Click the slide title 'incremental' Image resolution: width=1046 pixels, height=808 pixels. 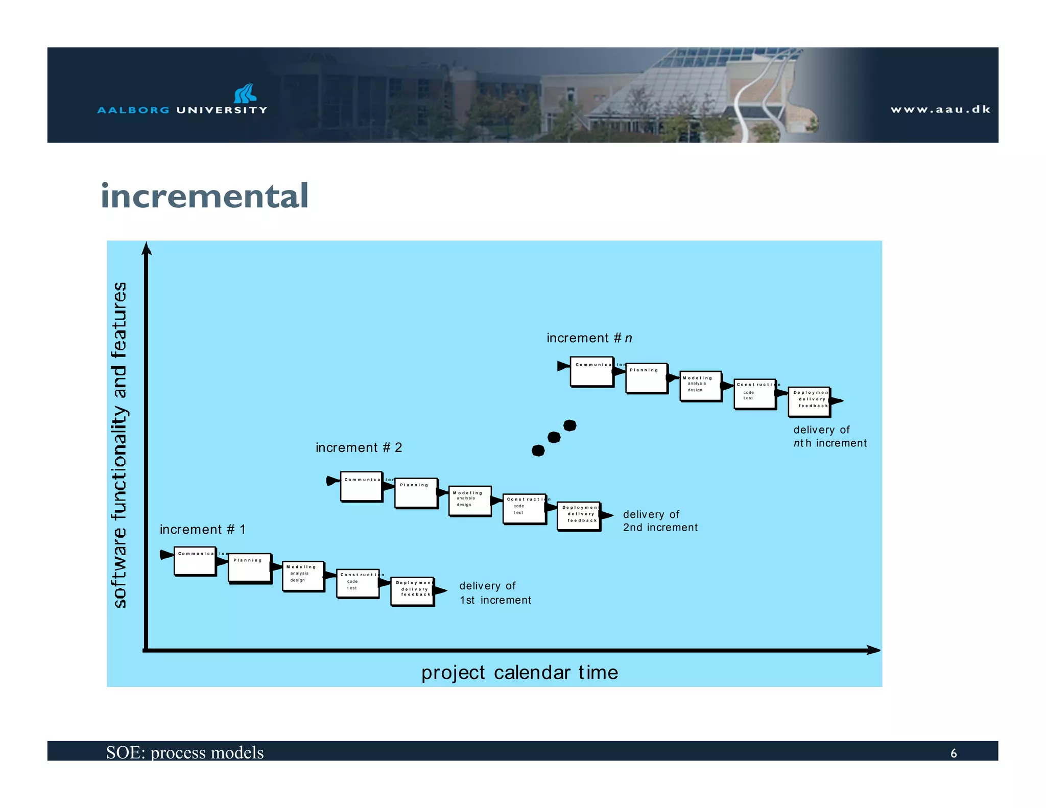204,196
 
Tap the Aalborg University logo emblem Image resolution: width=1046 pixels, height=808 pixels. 246,94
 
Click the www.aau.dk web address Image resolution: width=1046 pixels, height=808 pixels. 940,109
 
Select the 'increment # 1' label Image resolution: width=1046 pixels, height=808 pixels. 203,530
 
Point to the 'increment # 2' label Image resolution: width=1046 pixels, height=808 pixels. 359,448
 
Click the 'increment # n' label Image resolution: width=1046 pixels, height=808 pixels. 589,338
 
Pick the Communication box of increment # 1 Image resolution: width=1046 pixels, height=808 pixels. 195,561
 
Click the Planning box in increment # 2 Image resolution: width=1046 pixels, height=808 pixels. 416,493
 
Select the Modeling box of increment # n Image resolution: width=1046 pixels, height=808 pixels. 700,386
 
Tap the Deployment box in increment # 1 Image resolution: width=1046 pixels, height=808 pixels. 412,591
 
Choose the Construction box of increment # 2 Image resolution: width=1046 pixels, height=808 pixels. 524,509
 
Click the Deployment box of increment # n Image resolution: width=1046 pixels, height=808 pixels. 809,401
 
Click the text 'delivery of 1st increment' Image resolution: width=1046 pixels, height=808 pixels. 494,593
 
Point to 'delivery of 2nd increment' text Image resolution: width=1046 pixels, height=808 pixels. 659,521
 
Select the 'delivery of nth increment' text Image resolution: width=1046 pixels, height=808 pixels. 829,437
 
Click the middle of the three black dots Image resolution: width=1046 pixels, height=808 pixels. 554,438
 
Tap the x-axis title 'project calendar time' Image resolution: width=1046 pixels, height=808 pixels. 519,673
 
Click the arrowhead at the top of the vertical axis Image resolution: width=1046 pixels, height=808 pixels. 147,248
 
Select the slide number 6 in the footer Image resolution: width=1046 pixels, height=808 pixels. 953,753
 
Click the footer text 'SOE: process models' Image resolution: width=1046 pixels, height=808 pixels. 185,752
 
